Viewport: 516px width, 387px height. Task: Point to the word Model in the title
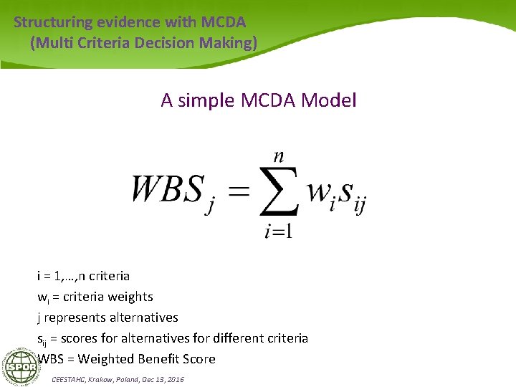pyautogui.click(x=329, y=100)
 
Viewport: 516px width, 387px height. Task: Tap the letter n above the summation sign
pyautogui.click(x=279, y=156)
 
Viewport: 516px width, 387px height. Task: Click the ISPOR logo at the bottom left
pyautogui.click(x=21, y=368)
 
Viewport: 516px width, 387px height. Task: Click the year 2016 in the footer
pyautogui.click(x=175, y=378)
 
